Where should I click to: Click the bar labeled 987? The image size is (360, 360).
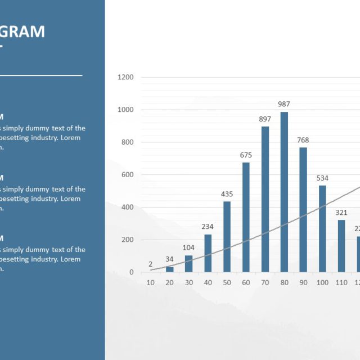[284, 192]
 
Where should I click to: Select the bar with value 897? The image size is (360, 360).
[265, 199]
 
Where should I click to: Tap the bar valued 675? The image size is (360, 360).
[246, 217]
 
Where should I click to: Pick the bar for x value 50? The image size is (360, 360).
[227, 237]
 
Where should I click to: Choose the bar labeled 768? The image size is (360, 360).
[303, 210]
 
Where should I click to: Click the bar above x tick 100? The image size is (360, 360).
[322, 229]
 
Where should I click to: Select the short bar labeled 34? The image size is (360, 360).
[169, 269]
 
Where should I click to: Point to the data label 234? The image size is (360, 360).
[208, 227]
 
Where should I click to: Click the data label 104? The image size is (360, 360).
[188, 248]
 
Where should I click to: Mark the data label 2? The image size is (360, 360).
[151, 264]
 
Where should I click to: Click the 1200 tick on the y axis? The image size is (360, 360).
[125, 77]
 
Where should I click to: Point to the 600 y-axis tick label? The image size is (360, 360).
[128, 174]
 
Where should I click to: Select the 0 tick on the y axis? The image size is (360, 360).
[132, 272]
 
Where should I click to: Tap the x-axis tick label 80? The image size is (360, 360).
[284, 282]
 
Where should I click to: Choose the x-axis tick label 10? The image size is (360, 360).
[151, 282]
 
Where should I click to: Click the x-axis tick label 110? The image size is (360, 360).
[341, 282]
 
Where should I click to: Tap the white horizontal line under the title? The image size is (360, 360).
[41, 75]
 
